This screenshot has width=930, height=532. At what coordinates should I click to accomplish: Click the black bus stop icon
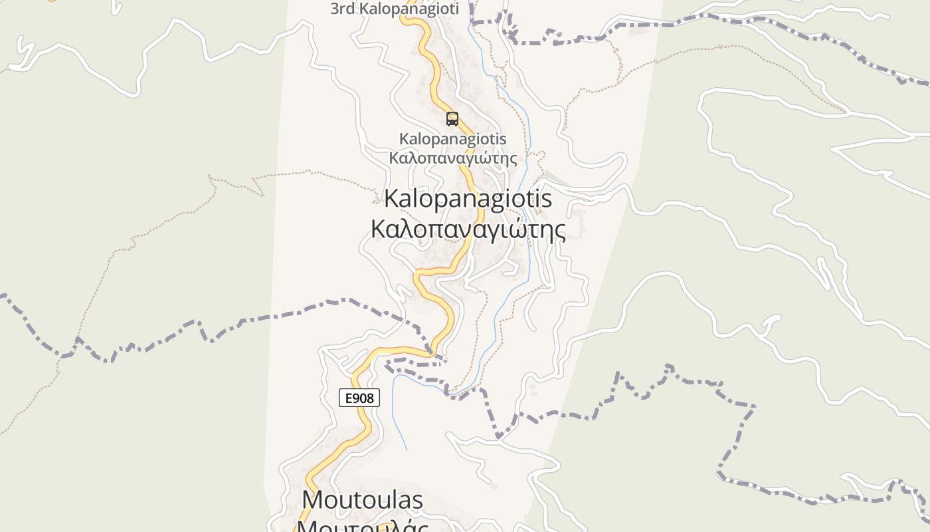[x=452, y=119]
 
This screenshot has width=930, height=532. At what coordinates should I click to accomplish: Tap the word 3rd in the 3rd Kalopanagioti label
[x=343, y=9]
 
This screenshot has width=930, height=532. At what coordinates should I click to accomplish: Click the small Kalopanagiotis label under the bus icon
[x=452, y=139]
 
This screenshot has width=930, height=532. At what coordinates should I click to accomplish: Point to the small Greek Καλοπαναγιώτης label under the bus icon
[x=452, y=158]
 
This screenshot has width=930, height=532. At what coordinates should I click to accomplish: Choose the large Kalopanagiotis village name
[x=468, y=199]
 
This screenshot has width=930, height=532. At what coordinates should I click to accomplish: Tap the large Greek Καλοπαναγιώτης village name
[x=468, y=229]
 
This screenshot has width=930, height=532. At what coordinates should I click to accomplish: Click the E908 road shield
[x=359, y=398]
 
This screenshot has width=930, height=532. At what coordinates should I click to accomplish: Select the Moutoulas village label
[x=362, y=499]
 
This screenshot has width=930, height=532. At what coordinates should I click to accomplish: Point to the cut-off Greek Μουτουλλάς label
[x=362, y=525]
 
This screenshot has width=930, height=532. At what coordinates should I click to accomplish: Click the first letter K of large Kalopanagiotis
[x=392, y=199]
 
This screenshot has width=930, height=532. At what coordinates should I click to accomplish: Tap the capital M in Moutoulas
[x=313, y=499]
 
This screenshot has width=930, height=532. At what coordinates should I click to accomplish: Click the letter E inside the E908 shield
[x=348, y=398]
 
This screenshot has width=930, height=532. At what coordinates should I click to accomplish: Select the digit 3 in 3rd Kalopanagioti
[x=335, y=9]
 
